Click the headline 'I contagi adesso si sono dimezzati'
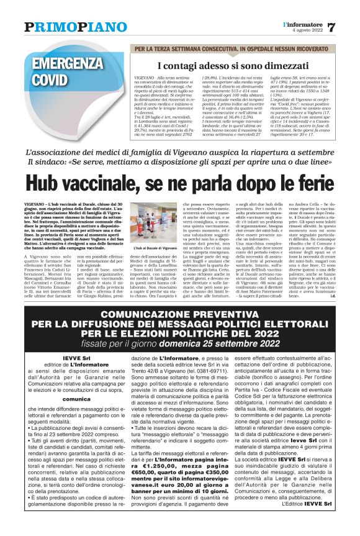point(223,66)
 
